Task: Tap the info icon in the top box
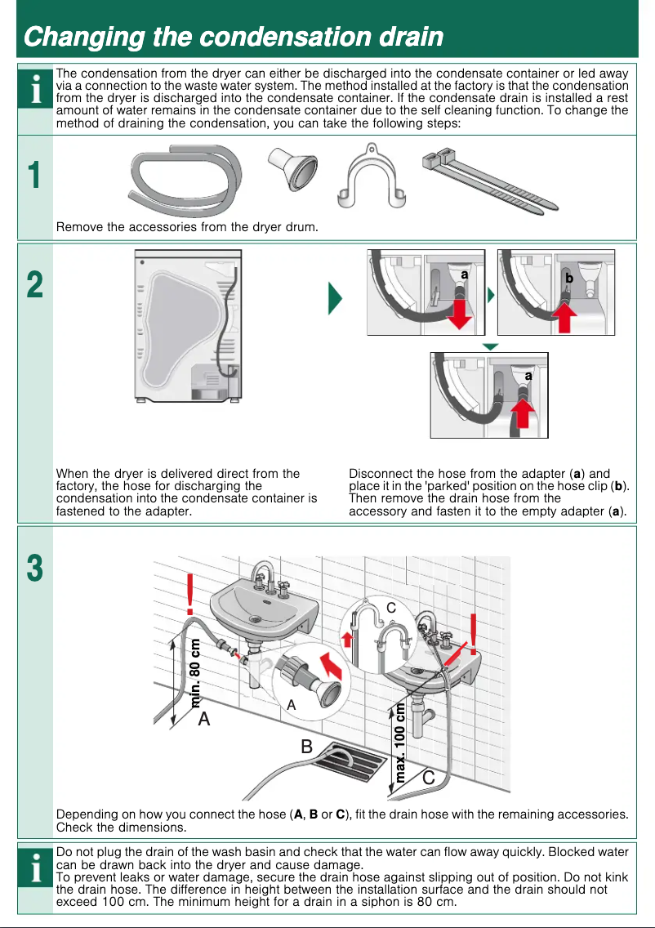(35, 91)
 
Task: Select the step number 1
(33, 176)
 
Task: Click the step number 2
(34, 286)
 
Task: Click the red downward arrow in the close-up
(461, 314)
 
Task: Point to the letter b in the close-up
(569, 279)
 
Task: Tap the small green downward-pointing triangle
(490, 346)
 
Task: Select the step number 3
(34, 569)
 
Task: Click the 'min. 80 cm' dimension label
(196, 671)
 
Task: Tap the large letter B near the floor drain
(306, 746)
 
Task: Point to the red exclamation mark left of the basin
(190, 594)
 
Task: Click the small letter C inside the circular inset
(390, 608)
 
